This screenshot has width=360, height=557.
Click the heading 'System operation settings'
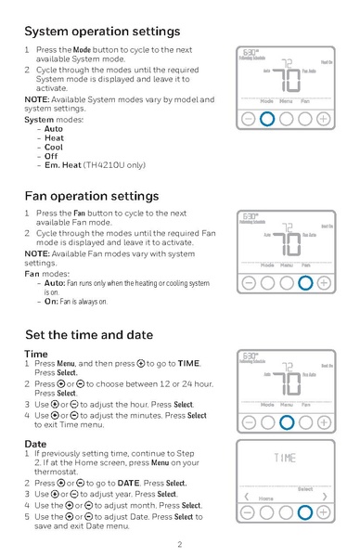(x=102, y=31)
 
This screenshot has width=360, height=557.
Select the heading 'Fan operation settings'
(x=91, y=196)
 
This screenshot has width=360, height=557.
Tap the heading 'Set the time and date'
(x=88, y=334)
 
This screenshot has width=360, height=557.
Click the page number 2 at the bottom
(x=180, y=544)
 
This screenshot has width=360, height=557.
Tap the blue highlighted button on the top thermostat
(x=267, y=119)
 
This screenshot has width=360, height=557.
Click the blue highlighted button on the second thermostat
(x=304, y=283)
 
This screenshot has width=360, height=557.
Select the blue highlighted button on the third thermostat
(x=286, y=423)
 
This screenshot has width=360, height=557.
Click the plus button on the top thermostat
(x=323, y=119)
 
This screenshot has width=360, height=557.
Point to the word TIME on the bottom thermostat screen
(x=286, y=458)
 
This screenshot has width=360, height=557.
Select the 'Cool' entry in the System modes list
(x=54, y=147)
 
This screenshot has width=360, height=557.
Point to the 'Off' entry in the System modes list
(x=52, y=156)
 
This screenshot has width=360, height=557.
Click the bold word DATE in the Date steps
(x=129, y=484)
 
